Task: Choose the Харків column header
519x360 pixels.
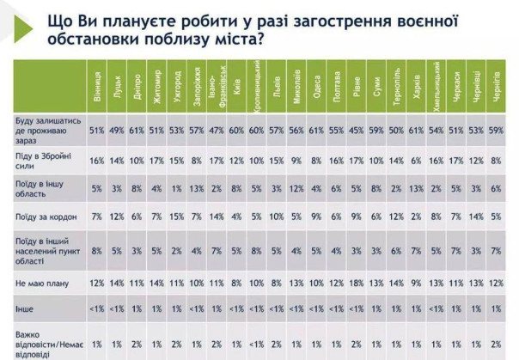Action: coord(417,88)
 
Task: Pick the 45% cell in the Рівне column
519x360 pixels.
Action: coord(357,131)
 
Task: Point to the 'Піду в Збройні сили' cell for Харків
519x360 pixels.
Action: coord(417,160)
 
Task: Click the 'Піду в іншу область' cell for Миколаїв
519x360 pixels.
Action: coord(296,190)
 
